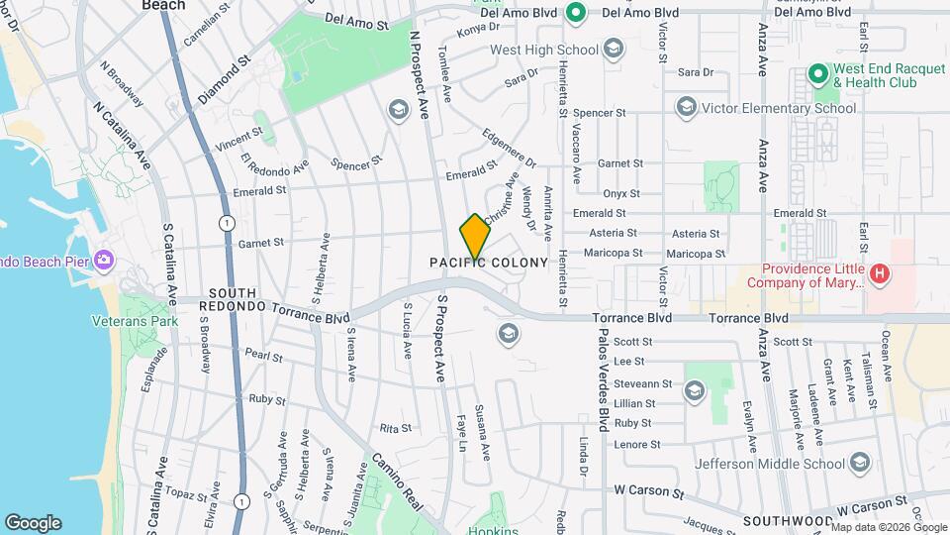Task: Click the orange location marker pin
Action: click(x=475, y=236)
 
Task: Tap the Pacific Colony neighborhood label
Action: click(x=488, y=263)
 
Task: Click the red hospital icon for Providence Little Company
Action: click(x=879, y=270)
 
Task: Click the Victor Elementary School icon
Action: click(x=685, y=107)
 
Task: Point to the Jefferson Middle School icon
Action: click(x=859, y=463)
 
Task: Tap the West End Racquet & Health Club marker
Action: click(x=817, y=74)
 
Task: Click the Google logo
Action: click(x=33, y=523)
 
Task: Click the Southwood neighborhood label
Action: click(x=788, y=520)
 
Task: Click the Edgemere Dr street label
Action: click(x=509, y=148)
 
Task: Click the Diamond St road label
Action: click(x=223, y=86)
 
